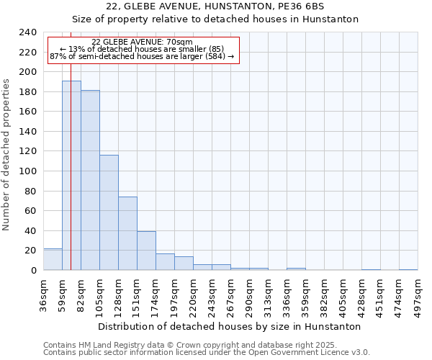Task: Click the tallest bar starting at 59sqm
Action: [71, 176]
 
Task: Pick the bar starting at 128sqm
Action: [127, 233]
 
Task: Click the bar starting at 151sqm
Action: [146, 251]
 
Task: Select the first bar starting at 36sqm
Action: [53, 259]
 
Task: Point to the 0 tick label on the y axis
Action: [33, 271]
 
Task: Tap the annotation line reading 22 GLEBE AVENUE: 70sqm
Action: [142, 42]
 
